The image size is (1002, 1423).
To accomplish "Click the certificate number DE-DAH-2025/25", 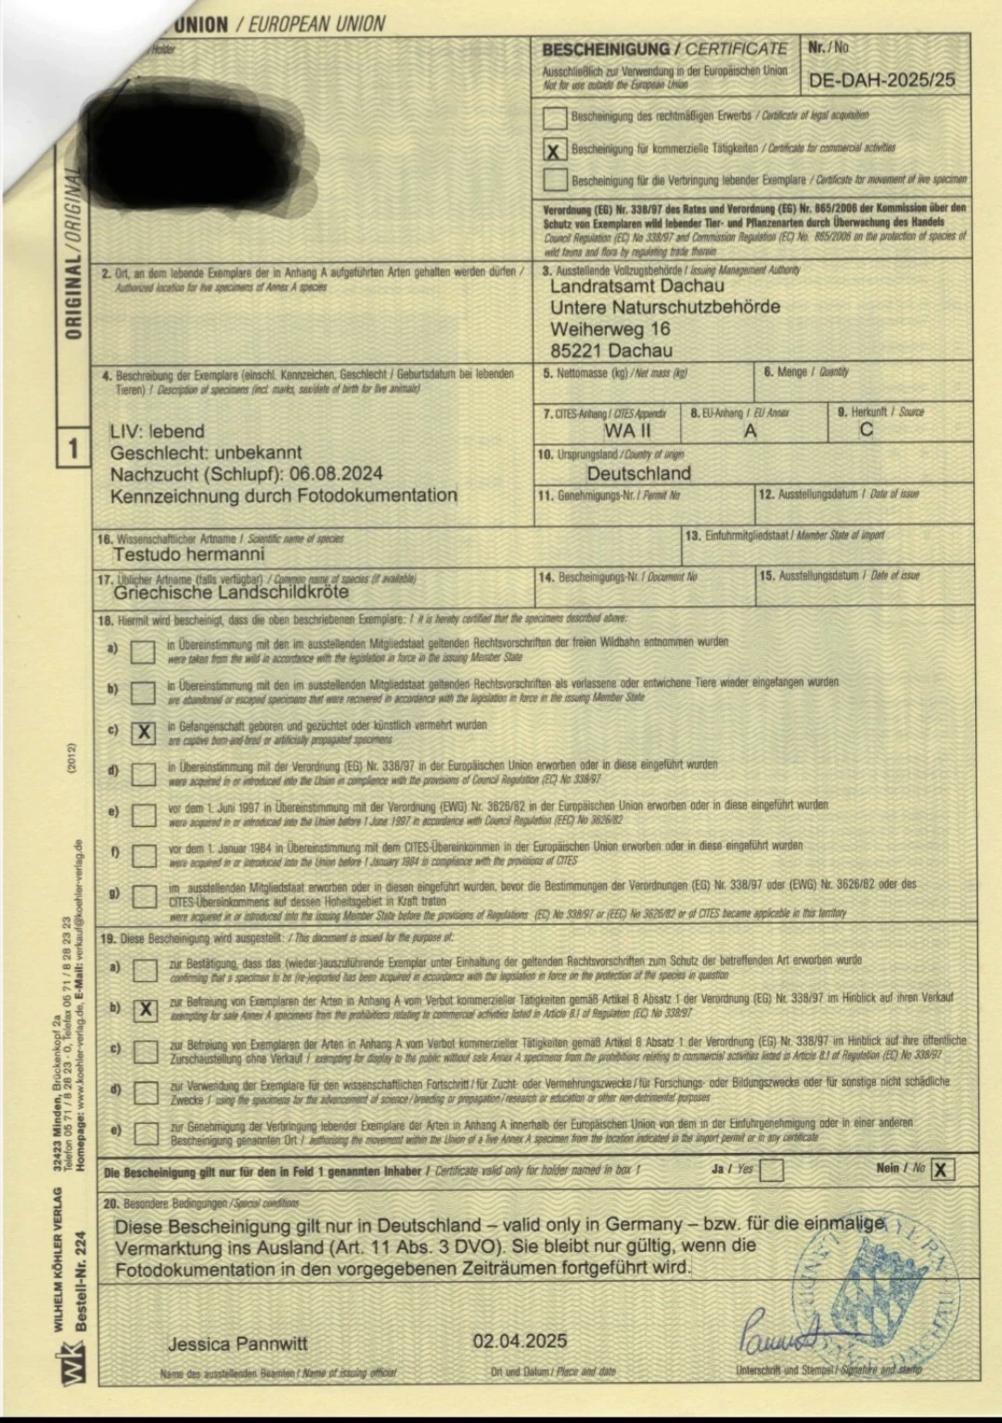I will click(x=881, y=80).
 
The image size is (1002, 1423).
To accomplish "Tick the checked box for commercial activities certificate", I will click(x=555, y=149).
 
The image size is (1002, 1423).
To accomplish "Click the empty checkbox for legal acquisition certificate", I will click(x=555, y=117).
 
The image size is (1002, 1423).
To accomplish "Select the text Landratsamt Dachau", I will click(x=636, y=286).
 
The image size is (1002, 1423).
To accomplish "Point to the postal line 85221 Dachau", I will click(x=610, y=351).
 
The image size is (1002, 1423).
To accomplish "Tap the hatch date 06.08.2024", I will click(x=336, y=474).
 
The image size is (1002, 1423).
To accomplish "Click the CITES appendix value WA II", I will click(x=627, y=431).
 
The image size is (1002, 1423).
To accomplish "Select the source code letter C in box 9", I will click(x=866, y=430).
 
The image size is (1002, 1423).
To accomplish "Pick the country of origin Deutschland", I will click(x=625, y=473).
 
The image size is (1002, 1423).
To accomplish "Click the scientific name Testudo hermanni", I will click(x=188, y=554).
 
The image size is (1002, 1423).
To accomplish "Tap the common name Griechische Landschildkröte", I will click(x=231, y=592).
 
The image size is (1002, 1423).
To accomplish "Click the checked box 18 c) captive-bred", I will click(x=144, y=732).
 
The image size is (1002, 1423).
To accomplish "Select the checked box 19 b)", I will click(x=145, y=1010).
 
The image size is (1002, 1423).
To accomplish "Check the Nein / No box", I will click(x=942, y=1170).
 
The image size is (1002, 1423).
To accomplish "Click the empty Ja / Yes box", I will click(x=771, y=1170).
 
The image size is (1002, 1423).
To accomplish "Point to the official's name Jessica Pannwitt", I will click(x=238, y=1344).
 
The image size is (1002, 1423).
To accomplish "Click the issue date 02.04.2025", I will click(x=520, y=1340).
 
